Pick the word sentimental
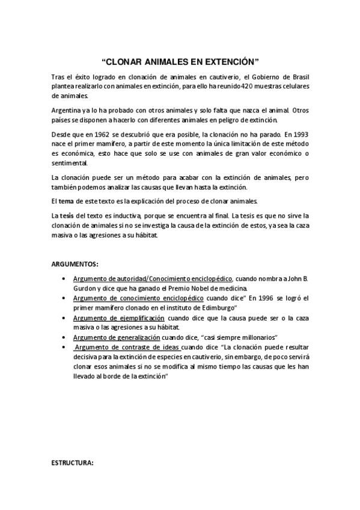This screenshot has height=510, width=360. coord(69,162)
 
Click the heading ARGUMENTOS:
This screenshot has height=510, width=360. coord(75,263)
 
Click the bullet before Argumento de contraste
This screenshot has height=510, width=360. coord(64,348)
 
